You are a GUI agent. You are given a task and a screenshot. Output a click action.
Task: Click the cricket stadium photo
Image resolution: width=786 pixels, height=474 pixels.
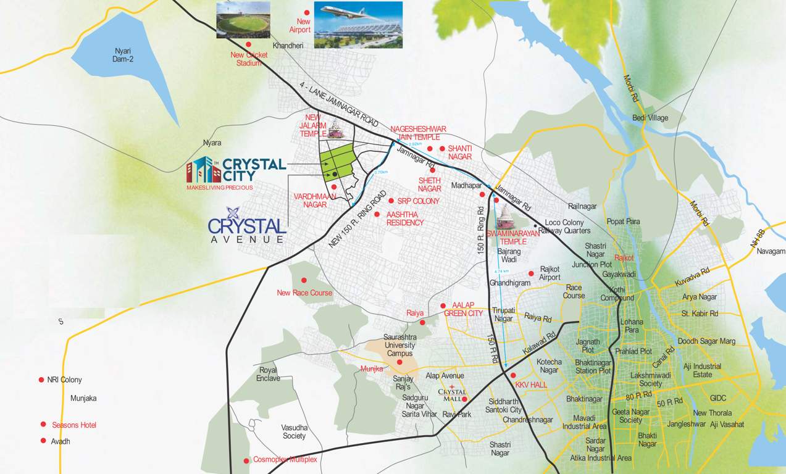(x=243, y=20)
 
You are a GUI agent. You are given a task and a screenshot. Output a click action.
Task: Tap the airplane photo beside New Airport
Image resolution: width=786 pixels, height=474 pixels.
(x=358, y=25)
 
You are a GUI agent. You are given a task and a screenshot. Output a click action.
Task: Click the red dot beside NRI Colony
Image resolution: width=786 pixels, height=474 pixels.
(x=41, y=380)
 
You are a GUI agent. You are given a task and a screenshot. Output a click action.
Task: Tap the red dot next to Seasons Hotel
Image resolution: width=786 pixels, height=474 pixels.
(x=43, y=424)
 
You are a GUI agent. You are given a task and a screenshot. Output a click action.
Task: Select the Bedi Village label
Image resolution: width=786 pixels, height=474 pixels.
(x=650, y=118)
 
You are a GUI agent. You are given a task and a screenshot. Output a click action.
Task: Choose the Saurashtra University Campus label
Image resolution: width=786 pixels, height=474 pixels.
(x=399, y=346)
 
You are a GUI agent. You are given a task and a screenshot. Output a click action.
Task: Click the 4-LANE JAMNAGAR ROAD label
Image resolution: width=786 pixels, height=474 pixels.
(x=339, y=106)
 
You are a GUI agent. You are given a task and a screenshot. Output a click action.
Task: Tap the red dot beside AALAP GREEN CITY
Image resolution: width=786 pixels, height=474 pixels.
(x=443, y=306)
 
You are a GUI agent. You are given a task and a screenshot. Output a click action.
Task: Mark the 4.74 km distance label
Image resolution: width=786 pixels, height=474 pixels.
(x=502, y=271)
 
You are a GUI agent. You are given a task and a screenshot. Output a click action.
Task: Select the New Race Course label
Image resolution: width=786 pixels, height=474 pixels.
(x=304, y=293)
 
